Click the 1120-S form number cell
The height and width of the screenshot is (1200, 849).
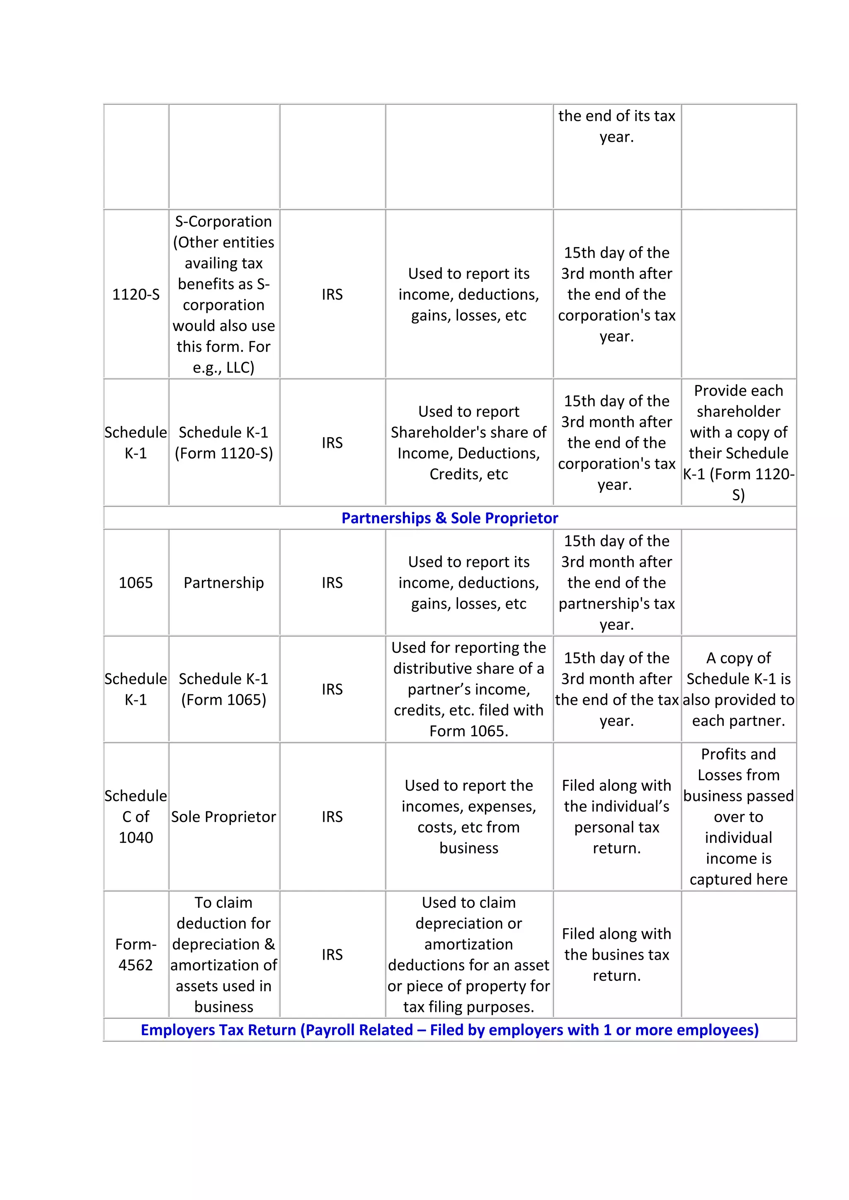136,294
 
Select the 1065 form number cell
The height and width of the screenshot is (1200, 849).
136,583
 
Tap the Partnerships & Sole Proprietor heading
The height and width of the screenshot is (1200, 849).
450,518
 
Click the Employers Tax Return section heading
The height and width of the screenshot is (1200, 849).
450,1030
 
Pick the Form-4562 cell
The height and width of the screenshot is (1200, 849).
136,955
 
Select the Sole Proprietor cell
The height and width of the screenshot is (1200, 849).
224,817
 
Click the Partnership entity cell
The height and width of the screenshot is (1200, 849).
224,583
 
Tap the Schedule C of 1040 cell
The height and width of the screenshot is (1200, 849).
136,817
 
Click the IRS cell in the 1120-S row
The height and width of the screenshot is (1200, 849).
332,294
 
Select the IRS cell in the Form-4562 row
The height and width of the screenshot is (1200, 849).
332,955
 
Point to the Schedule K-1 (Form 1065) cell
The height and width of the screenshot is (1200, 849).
224,690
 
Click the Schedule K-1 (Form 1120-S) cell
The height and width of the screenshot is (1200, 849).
224,443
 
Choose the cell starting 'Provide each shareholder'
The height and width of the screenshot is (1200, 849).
738,443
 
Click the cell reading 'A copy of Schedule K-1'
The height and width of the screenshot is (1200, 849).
738,690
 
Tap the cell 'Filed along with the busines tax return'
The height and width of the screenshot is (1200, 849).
617,955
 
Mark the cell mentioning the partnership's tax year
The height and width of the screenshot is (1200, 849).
617,583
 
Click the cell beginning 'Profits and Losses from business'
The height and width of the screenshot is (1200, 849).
738,817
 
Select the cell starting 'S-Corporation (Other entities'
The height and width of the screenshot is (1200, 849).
224,294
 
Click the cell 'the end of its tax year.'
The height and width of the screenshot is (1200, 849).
617,126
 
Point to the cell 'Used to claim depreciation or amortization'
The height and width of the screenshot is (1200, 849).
469,955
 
